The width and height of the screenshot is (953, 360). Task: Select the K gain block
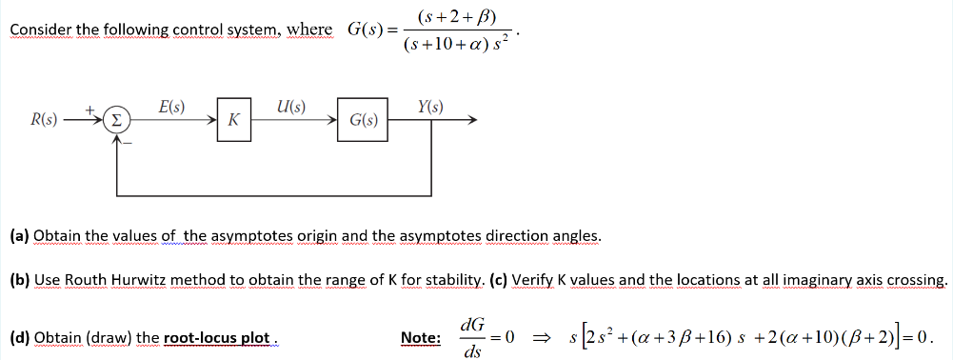pos(233,121)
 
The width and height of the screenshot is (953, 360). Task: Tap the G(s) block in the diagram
pos(363,121)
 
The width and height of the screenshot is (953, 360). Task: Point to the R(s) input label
pos(44,121)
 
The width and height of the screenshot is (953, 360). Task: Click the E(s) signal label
pos(172,106)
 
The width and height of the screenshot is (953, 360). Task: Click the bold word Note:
pos(420,338)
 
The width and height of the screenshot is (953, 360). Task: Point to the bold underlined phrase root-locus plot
pos(218,338)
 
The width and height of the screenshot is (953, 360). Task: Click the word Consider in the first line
pos(37,30)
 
